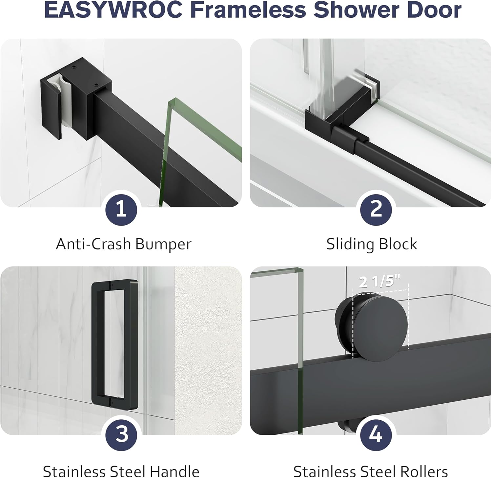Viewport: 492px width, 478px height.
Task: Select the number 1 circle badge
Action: point(121,209)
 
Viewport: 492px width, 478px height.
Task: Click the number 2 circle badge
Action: point(376,209)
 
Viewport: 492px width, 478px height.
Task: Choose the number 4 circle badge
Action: point(376,434)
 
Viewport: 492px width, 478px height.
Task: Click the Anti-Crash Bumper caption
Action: point(123,244)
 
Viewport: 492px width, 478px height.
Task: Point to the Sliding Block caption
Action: point(372,244)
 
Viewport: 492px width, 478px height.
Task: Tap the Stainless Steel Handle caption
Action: point(121,471)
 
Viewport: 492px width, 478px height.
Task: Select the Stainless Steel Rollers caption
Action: point(370,471)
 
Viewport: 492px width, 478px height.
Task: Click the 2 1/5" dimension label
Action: point(380,282)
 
